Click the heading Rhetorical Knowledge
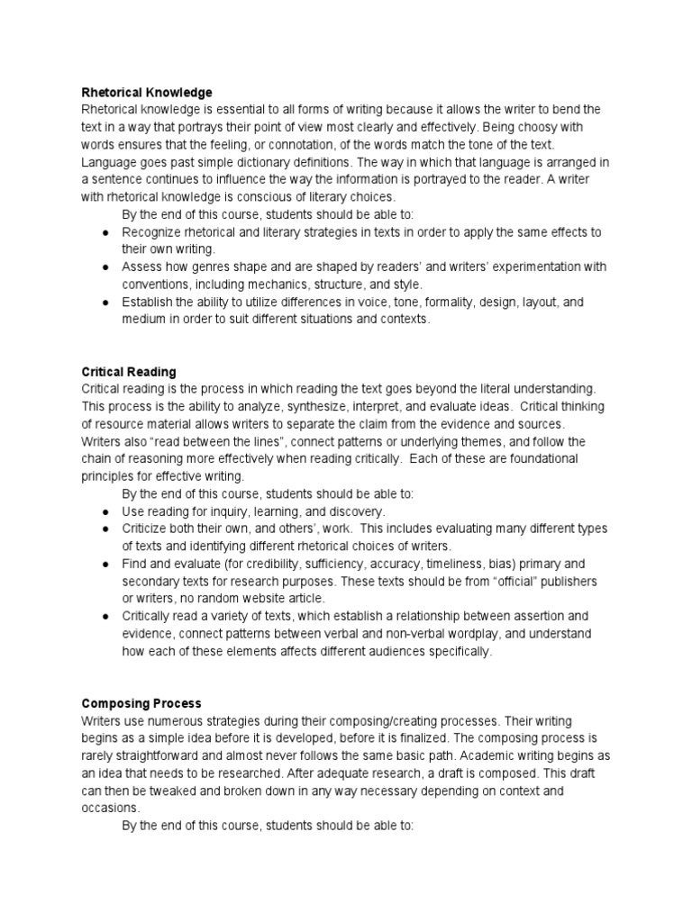tap(147, 93)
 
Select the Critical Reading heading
tap(129, 372)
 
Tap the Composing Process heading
tap(141, 703)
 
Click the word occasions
tap(111, 808)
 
